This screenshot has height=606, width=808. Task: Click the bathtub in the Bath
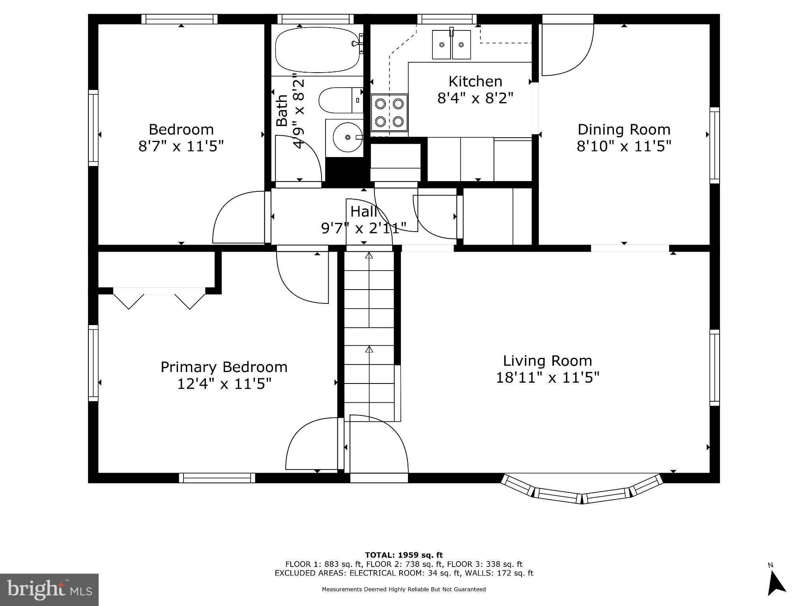(x=318, y=50)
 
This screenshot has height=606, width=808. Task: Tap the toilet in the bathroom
(x=340, y=100)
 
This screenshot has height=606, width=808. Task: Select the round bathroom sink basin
(x=347, y=137)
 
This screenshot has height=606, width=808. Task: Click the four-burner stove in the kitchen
(x=389, y=112)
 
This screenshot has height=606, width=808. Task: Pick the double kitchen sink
(x=451, y=45)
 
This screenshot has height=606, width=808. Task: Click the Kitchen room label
(x=475, y=82)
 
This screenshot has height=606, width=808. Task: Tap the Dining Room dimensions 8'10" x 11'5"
(x=624, y=147)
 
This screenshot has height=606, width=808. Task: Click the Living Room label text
(x=547, y=361)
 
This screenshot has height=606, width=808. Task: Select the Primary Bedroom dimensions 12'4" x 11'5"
(x=224, y=384)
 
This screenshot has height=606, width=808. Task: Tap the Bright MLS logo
(x=49, y=589)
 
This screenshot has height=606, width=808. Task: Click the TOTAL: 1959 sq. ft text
(x=404, y=555)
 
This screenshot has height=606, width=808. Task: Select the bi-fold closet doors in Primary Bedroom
(x=159, y=298)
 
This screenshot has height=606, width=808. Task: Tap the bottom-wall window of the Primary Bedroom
(x=217, y=478)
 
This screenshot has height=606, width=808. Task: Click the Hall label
(x=363, y=212)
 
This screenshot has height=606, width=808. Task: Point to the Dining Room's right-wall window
(x=714, y=145)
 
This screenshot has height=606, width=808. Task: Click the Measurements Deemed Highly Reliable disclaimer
(x=404, y=589)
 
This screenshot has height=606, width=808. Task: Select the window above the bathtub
(x=315, y=19)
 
